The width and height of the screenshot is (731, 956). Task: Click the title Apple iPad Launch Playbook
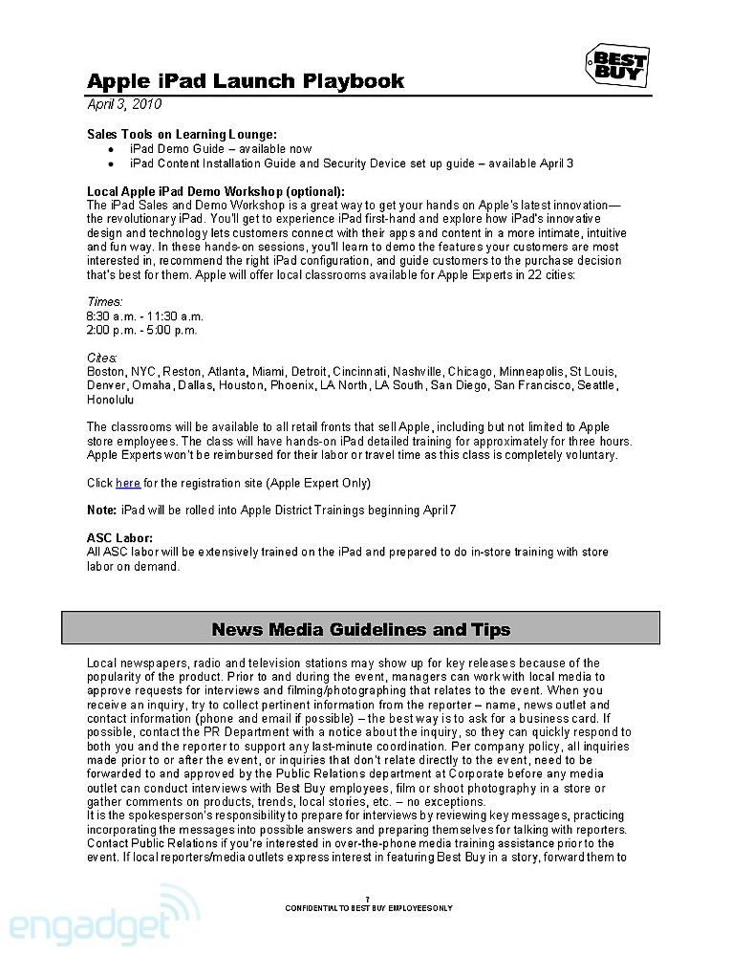point(246,81)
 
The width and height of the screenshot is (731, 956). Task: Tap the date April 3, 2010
point(124,104)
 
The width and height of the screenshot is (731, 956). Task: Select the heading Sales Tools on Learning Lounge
point(182,134)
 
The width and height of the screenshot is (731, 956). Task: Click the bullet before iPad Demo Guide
point(111,149)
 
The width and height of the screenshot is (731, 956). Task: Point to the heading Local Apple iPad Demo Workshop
point(215,191)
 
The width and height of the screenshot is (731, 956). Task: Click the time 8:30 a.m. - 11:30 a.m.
point(145,316)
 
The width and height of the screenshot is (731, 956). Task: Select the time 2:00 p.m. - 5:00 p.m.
point(141,331)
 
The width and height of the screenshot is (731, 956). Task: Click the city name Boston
point(105,372)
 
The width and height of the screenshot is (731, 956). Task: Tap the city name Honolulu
point(110,400)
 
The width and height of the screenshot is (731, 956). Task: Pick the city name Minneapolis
point(530,372)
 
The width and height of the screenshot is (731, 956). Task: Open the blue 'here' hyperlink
point(128,483)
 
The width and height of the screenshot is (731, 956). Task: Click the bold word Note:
point(101,511)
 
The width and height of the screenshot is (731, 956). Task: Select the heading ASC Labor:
point(119,538)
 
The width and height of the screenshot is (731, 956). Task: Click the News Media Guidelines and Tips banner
point(361,629)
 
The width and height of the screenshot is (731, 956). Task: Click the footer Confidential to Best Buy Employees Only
point(368,907)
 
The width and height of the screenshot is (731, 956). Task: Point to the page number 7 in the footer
point(367,899)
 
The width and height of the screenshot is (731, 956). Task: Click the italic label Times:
point(105,302)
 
